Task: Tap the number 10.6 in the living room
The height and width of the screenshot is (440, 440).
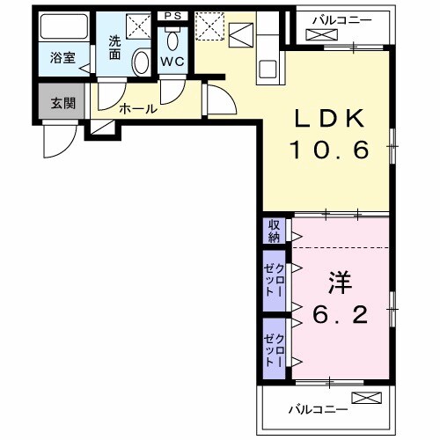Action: coord(333,150)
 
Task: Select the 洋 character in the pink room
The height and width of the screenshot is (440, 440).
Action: coord(341,282)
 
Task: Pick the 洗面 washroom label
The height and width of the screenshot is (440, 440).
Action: coord(115,46)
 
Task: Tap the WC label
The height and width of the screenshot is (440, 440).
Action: coord(172,63)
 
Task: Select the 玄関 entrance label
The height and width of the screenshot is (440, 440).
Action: coord(62,104)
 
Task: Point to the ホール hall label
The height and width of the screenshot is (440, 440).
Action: coord(137,110)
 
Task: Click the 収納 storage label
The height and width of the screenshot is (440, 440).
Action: coord(274,231)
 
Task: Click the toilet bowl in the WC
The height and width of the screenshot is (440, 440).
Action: coord(172,40)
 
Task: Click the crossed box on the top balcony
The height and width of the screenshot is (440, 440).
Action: coord(317,35)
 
